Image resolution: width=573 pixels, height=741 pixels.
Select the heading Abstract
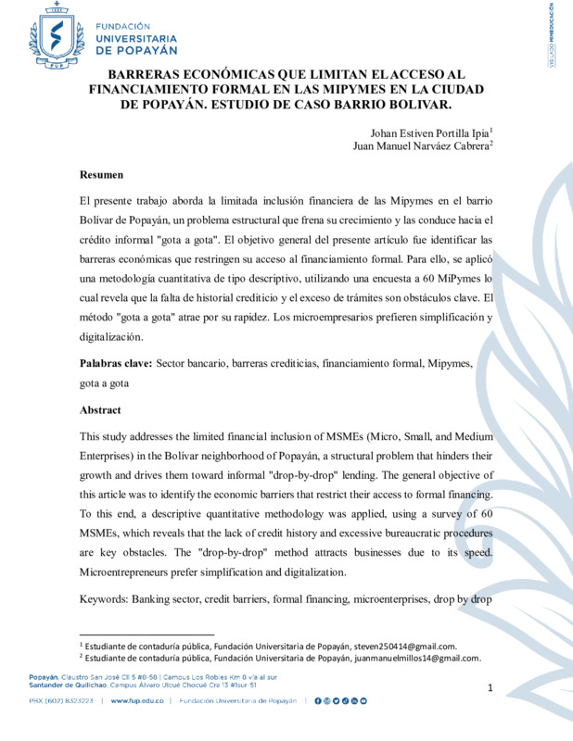click(x=101, y=409)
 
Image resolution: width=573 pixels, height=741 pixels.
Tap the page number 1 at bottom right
click(x=490, y=687)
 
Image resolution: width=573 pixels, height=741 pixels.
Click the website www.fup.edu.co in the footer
click(x=136, y=701)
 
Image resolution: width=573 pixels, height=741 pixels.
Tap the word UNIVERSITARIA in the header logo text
click(x=140, y=38)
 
